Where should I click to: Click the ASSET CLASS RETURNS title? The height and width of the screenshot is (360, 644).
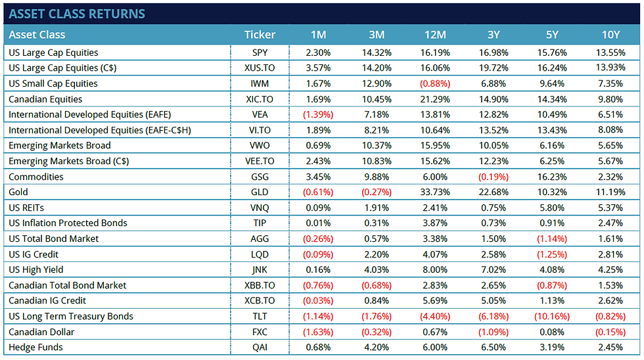coord(77,13)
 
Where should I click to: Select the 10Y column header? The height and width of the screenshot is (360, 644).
coord(610,34)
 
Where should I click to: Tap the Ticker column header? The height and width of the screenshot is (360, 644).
coord(260,34)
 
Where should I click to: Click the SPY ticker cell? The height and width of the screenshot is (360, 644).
coord(260,53)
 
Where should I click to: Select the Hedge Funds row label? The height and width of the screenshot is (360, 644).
coord(35,347)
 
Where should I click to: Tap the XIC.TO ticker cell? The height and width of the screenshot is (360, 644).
coord(260,99)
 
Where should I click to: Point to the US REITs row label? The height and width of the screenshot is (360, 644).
coord(26,208)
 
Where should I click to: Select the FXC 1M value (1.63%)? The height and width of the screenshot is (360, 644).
coord(317,331)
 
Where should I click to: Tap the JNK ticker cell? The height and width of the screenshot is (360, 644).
coord(260,269)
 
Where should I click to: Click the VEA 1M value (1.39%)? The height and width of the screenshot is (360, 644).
coord(317,114)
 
